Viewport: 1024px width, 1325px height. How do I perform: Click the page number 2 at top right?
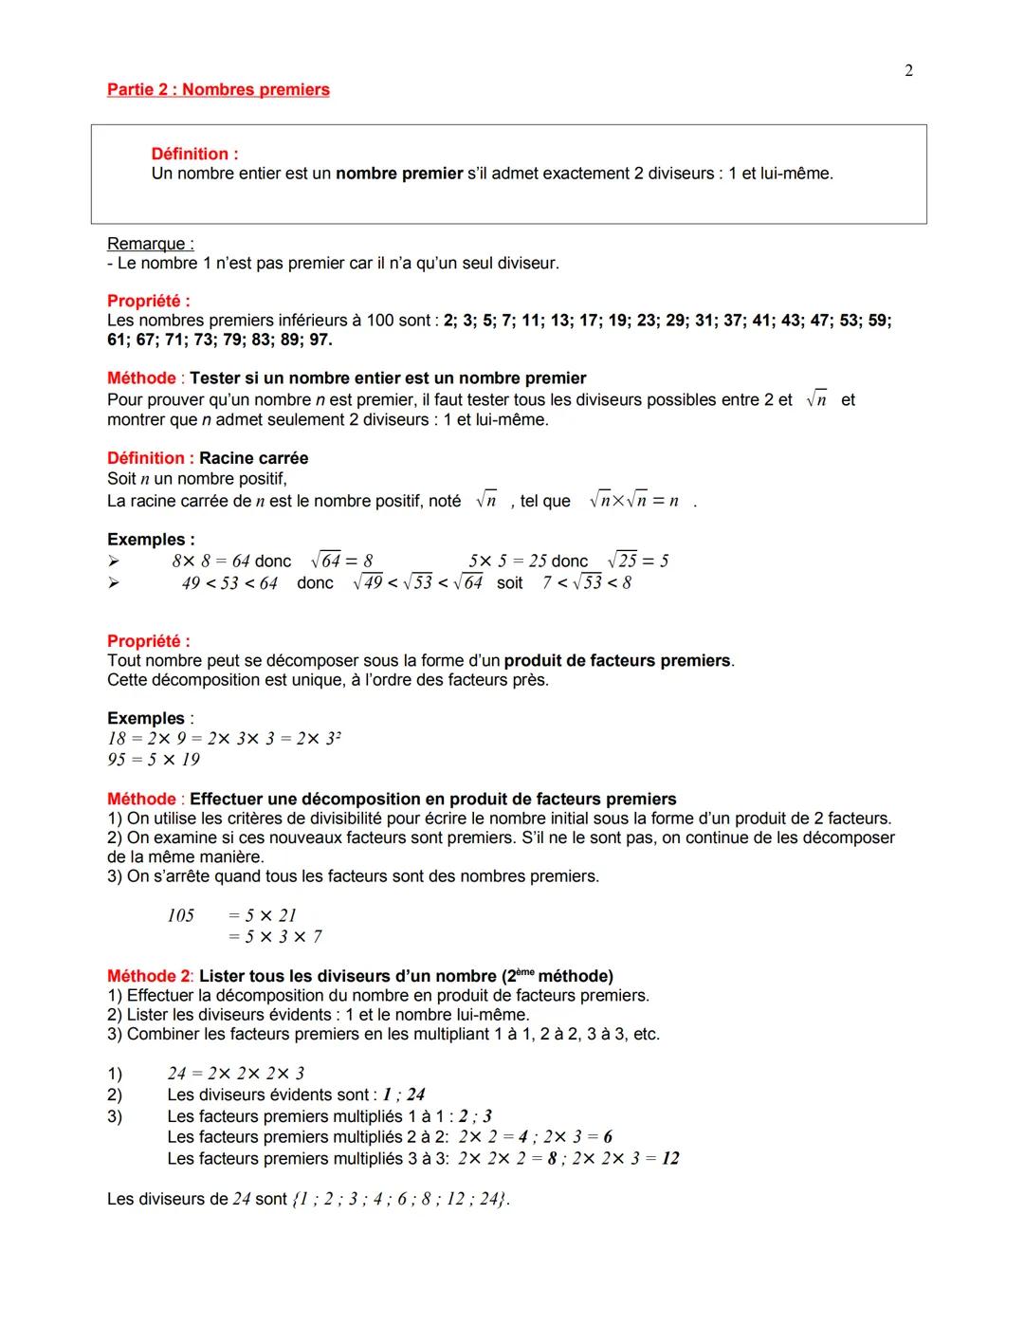pos(908,71)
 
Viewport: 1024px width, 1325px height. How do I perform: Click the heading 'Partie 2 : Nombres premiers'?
pos(218,90)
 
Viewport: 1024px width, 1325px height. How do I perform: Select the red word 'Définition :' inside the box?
pos(194,154)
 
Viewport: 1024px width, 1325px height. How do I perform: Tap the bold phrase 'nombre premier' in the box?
pos(399,174)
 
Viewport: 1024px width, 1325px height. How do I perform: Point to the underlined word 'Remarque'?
pos(150,244)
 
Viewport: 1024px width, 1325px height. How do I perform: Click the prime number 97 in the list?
pos(319,340)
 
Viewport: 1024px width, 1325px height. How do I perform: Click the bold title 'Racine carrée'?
pos(253,458)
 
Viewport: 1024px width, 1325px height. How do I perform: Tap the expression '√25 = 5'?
pos(638,561)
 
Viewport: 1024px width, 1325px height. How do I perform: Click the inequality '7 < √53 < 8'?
pos(587,582)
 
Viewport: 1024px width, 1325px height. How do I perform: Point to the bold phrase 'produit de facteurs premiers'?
pos(617,660)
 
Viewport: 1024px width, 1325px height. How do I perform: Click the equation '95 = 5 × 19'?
pos(154,760)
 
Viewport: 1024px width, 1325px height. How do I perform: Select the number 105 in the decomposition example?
pos(180,915)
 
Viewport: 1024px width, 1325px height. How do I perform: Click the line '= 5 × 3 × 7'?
pos(275,937)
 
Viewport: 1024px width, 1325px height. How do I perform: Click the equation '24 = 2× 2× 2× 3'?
pos(235,1074)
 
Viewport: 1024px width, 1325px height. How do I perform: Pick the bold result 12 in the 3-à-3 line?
pos(669,1158)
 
